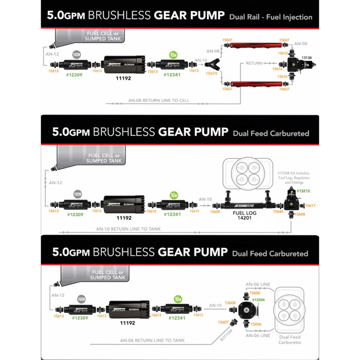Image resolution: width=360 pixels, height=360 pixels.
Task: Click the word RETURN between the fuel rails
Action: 254,63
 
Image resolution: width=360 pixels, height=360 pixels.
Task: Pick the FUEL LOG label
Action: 245,211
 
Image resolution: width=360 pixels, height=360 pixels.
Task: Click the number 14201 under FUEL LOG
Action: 245,218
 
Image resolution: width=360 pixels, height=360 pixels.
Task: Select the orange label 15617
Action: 310,206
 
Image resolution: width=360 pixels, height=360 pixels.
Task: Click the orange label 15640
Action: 278,211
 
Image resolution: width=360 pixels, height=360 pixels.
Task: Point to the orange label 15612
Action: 151,211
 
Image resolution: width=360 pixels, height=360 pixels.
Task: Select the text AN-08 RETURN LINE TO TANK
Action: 152,340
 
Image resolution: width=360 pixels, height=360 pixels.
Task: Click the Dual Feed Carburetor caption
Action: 291,339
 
